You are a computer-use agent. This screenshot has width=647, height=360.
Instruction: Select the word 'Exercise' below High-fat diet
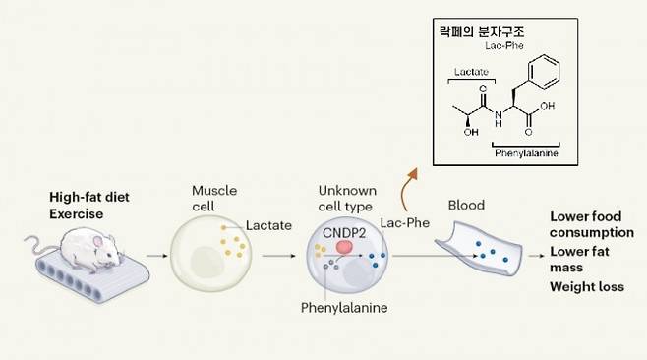[x=76, y=213]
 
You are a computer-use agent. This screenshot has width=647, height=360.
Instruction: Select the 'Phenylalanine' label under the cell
[x=345, y=308]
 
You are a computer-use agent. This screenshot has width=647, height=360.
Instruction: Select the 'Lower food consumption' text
[x=590, y=224]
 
